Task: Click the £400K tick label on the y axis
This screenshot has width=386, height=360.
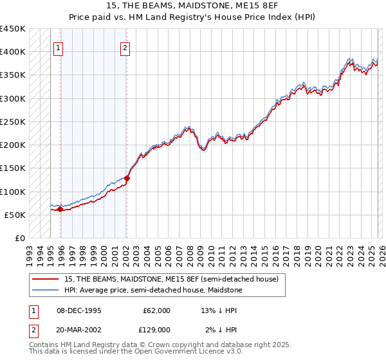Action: click(x=13, y=51)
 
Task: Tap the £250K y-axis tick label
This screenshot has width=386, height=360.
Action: click(x=13, y=122)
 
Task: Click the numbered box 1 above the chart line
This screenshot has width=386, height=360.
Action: click(x=59, y=47)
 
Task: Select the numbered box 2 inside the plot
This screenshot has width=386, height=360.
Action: click(x=125, y=47)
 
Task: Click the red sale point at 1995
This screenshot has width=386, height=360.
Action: click(x=60, y=209)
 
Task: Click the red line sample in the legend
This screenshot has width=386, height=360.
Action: click(x=45, y=280)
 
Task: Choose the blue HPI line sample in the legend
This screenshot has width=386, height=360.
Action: click(x=45, y=291)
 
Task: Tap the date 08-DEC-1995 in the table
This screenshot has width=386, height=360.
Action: click(x=78, y=310)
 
